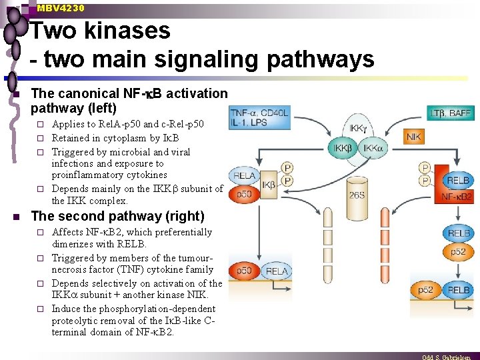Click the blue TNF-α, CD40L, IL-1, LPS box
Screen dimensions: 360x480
[259, 117]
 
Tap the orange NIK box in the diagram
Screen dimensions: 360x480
[414, 137]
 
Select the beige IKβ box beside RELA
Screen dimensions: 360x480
[268, 185]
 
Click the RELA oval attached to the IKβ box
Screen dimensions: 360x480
[245, 176]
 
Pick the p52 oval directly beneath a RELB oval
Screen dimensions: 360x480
[458, 251]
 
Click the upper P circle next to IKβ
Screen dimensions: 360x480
[287, 169]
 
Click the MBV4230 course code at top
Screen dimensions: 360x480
[61, 8]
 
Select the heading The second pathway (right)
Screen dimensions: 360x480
[118, 216]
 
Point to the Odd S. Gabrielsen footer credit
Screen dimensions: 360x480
[450, 357]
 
